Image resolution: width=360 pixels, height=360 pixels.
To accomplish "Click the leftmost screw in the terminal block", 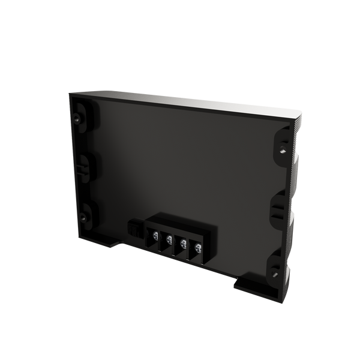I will click(x=155, y=235).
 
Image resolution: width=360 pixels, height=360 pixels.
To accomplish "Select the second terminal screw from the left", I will click(x=168, y=239).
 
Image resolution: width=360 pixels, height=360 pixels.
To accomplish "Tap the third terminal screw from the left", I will click(x=182, y=243).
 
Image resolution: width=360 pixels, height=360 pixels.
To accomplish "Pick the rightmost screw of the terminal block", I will click(x=196, y=247).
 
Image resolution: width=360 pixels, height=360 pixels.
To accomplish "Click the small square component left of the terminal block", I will click(x=134, y=229).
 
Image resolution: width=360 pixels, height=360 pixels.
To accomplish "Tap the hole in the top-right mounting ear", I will click(x=283, y=144).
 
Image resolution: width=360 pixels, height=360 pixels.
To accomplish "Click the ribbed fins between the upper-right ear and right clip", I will click(x=294, y=174).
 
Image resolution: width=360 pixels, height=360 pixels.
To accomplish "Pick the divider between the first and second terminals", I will click(x=161, y=238).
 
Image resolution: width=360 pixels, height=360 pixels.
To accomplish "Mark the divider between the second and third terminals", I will click(x=175, y=242).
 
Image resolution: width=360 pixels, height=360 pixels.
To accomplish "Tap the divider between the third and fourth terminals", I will click(x=189, y=246).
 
